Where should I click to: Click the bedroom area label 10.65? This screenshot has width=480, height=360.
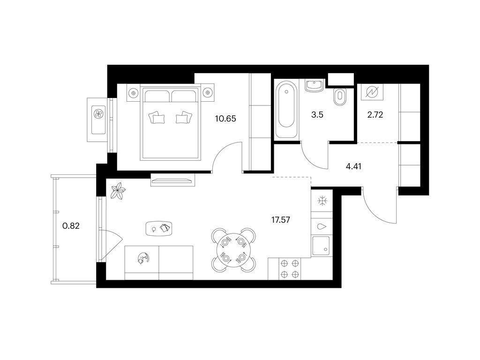coord(225,119)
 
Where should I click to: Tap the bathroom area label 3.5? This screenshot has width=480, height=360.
coord(317,115)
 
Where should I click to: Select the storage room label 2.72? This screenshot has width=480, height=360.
coord(375,115)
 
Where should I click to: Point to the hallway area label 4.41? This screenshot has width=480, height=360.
coord(353,166)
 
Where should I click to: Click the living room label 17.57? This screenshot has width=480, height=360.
coord(281,220)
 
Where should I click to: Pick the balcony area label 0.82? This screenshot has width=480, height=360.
coord(71,226)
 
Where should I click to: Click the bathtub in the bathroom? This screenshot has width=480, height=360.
coord(286,109)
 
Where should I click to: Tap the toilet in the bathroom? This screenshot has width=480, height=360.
coord(339,97)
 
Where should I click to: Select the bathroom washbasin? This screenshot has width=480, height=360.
coord(315,85)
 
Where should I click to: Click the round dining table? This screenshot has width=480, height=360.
coord(233,250)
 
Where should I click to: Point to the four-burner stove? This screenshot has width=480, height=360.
coord(290,269)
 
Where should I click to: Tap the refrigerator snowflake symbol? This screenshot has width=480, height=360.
coord(322,201)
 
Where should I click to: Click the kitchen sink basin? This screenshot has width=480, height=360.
coord(321,246)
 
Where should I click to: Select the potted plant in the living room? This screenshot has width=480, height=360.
coord(118,191)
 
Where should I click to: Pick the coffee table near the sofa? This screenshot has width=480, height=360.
coord(159,228)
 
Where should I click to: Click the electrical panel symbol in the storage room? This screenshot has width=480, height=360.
coord(372,92)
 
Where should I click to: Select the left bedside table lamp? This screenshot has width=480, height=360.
coord(133,92)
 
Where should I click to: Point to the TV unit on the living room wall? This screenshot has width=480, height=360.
coord(173,180)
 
